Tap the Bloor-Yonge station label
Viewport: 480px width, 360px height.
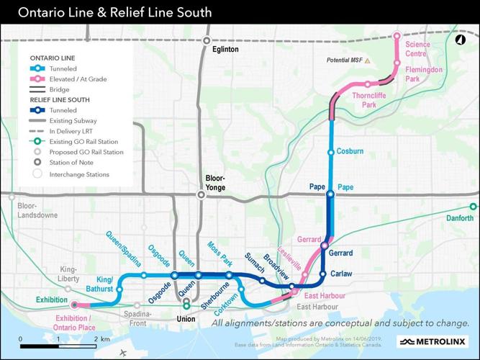(216, 183)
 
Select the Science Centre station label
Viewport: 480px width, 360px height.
(417, 49)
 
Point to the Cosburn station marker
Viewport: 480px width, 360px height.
(330, 152)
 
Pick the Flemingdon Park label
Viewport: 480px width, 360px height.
(422, 73)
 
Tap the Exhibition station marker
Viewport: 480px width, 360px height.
(73, 304)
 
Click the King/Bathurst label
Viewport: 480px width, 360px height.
(105, 284)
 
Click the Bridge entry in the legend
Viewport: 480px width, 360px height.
(60, 89)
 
